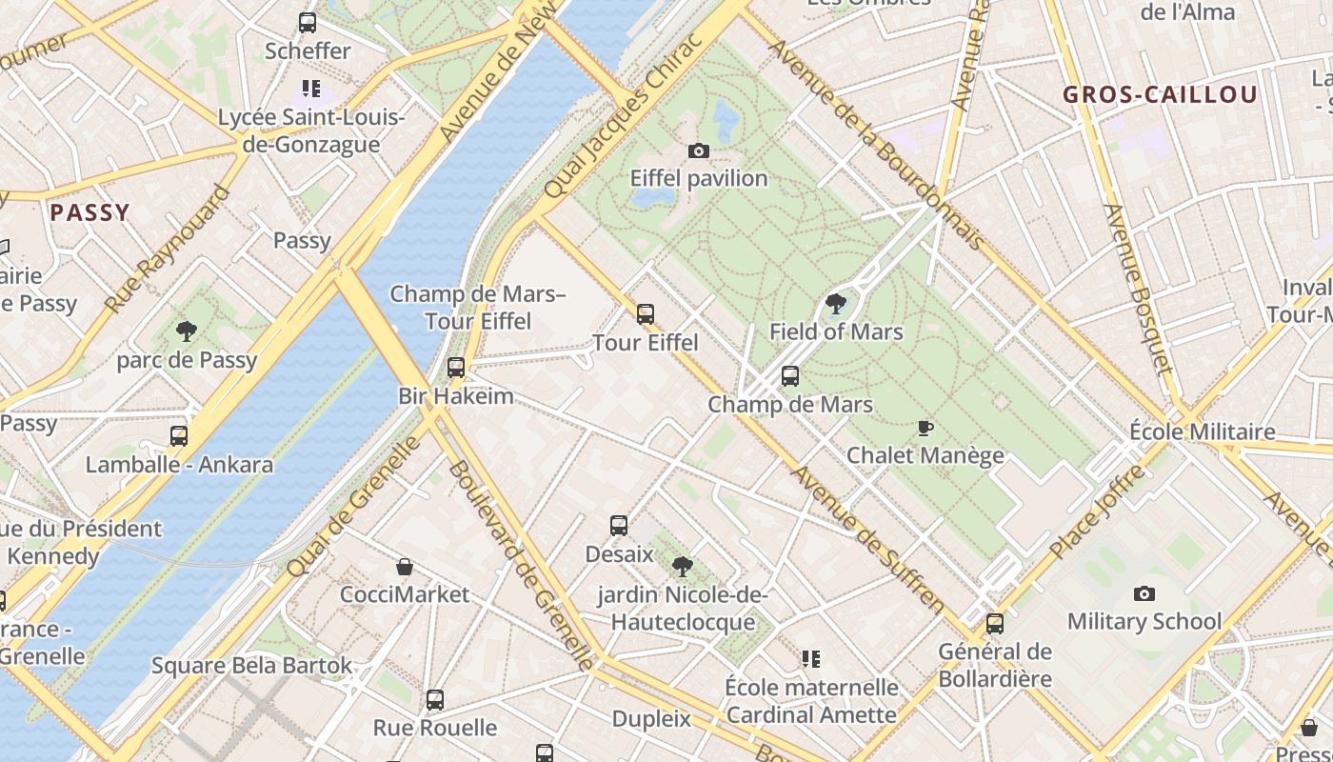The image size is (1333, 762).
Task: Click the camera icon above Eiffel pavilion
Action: (698, 150)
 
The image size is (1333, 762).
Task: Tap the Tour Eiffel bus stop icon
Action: (646, 313)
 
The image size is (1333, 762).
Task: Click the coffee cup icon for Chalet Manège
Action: (925, 428)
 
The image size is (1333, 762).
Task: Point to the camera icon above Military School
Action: (1144, 593)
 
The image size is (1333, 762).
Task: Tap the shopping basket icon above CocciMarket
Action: (405, 567)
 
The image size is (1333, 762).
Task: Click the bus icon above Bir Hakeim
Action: (456, 368)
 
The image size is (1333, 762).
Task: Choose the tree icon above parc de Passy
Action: (187, 331)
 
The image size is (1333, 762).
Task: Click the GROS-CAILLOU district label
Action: (1160, 95)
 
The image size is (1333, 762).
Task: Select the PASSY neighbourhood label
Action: (90, 212)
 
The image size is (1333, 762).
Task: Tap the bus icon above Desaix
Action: (619, 526)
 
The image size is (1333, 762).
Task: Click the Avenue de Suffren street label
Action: (866, 538)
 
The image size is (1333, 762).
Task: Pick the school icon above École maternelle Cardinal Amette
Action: (811, 658)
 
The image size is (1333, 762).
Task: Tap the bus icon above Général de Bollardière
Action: (995, 624)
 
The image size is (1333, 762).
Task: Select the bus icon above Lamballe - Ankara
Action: (179, 436)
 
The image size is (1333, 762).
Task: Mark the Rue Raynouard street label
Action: (168, 250)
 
